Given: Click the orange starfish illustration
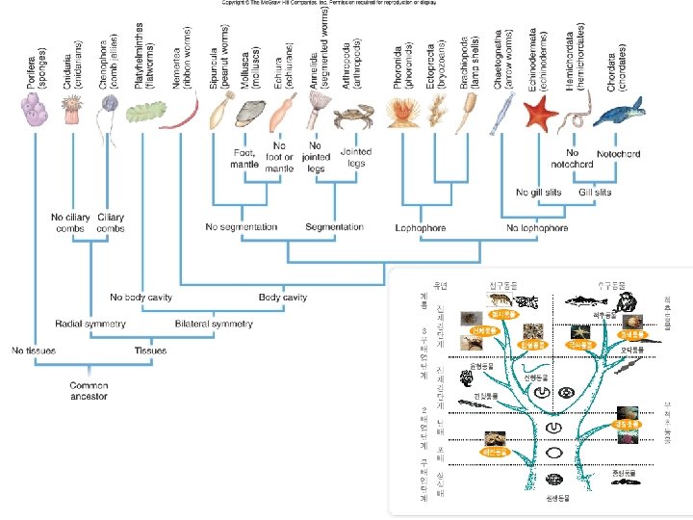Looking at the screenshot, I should (542, 116).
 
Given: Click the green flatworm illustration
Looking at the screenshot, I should (142, 113).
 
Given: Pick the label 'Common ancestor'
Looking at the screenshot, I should (88, 390).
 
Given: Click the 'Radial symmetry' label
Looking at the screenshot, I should (90, 324).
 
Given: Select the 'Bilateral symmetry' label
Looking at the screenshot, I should (214, 324).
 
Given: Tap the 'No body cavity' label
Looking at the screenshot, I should (142, 298).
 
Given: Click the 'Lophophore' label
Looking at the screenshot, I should (419, 228).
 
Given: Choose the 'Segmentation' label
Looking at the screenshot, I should (334, 227).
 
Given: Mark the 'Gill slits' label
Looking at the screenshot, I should (595, 193).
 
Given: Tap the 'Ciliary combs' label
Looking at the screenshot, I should (111, 222).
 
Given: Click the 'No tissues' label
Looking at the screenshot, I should (34, 350).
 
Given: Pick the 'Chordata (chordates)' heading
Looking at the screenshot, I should (616, 66).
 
